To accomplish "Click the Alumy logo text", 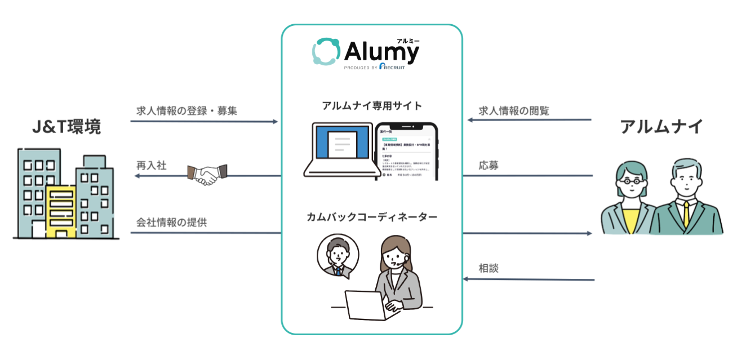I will tap(381, 52).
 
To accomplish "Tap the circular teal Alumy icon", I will tap(326, 52).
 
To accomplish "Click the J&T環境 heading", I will tap(66, 127).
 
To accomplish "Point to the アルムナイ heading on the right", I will tap(661, 127).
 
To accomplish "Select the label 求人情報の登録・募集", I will tap(187, 110).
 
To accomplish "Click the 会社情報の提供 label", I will tap(171, 222).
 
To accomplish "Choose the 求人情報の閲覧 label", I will tap(514, 110).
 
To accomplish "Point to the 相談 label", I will tap(489, 268).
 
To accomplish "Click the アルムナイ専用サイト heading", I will tap(372, 105).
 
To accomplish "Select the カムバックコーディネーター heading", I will tap(372, 217).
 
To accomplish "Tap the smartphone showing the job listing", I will tap(406, 151).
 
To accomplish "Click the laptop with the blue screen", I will tap(338, 148).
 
